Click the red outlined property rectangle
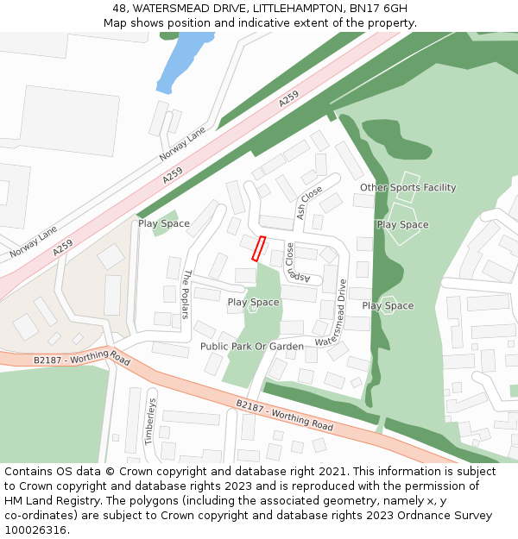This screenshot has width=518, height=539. pyautogui.click(x=258, y=248)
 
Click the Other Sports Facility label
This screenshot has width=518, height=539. pyautogui.click(x=407, y=188)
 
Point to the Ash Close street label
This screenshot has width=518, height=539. pyautogui.click(x=309, y=203)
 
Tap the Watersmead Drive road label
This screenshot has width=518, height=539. pyautogui.click(x=331, y=313)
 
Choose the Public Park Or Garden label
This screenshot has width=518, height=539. pyautogui.click(x=252, y=347)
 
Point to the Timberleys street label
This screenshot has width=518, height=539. pyautogui.click(x=149, y=420)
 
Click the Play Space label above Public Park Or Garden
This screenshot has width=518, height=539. pyautogui.click(x=253, y=303)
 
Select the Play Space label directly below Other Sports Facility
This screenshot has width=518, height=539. pyautogui.click(x=402, y=225)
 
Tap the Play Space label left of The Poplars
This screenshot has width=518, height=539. pyautogui.click(x=164, y=224)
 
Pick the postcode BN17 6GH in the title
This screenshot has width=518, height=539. pyautogui.click(x=378, y=8)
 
